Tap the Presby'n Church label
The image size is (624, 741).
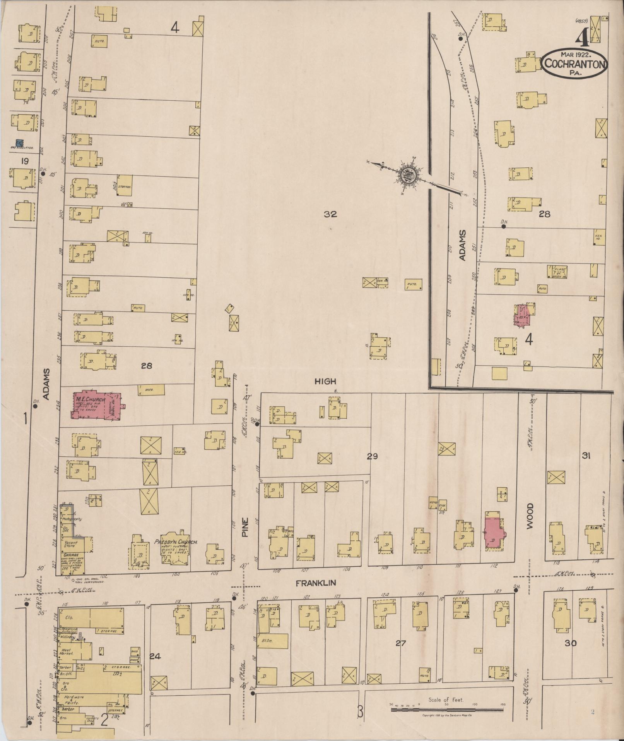click(176, 542)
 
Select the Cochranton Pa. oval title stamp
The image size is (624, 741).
click(574, 64)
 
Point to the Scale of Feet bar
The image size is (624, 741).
click(447, 710)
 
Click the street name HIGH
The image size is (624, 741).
click(325, 382)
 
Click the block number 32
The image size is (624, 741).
click(331, 214)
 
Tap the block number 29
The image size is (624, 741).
click(372, 456)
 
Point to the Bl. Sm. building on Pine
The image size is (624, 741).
click(273, 641)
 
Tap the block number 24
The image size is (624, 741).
click(155, 656)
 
